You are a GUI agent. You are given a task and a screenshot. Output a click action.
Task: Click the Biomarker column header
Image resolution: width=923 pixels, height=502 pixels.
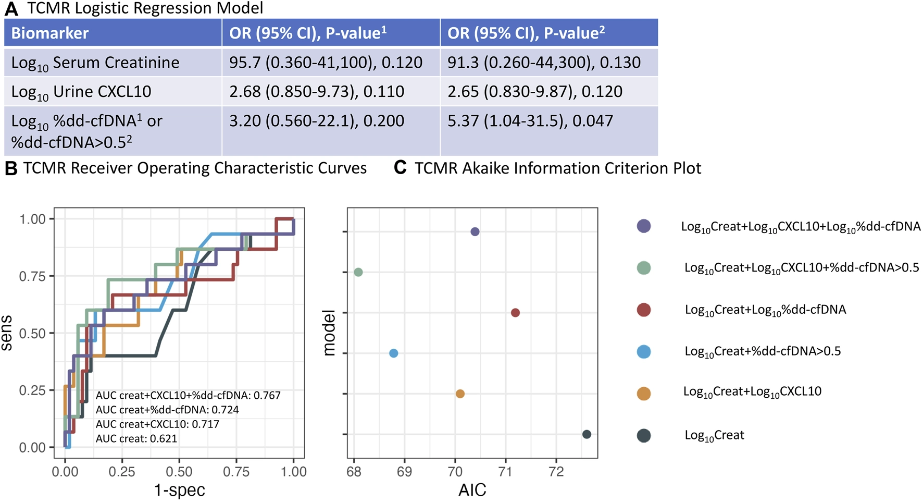click(50, 33)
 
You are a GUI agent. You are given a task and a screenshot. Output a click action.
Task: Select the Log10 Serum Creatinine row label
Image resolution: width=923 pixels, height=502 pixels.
click(95, 63)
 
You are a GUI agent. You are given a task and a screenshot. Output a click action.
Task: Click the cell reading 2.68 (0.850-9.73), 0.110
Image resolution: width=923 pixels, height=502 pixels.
click(317, 92)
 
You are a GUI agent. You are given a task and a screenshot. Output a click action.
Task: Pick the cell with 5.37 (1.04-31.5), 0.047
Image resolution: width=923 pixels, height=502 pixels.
click(530, 121)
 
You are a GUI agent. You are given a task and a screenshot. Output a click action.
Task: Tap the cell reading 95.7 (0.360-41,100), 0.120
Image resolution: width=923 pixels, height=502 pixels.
click(326, 63)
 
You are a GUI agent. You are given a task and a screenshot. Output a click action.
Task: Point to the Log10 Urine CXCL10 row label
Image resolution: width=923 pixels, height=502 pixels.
click(81, 92)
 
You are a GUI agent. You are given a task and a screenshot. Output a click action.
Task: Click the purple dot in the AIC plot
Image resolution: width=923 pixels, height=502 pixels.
click(475, 231)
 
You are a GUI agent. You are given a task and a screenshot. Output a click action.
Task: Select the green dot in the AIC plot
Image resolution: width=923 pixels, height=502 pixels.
click(358, 272)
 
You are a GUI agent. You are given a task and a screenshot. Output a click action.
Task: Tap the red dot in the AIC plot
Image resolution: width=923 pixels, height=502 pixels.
click(515, 313)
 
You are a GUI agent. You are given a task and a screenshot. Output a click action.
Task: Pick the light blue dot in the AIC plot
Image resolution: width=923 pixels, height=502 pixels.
click(394, 353)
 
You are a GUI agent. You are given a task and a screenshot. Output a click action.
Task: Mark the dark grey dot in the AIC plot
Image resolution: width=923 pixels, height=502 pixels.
click(587, 434)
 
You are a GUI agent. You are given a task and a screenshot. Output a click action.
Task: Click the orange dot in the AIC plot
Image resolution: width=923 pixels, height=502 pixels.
click(460, 394)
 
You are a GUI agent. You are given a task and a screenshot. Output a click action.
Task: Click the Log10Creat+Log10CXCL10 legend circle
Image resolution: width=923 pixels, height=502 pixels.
click(644, 393)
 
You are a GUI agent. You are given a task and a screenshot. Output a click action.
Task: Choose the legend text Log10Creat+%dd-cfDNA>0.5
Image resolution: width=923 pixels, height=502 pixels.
click(763, 351)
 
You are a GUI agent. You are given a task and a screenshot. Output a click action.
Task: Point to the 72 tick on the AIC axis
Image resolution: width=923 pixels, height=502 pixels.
click(556, 472)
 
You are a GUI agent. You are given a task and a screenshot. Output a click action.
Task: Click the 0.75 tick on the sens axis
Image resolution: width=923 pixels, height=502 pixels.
click(32, 276)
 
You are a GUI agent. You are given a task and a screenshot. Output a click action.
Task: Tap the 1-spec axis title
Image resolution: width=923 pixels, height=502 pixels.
click(179, 490)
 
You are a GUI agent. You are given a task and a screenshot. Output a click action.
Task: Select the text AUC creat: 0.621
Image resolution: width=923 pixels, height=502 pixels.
click(136, 439)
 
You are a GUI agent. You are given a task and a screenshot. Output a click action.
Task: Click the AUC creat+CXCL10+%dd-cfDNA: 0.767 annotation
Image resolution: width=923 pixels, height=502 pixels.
click(188, 396)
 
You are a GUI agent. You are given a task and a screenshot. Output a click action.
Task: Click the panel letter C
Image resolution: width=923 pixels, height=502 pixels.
click(400, 168)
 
